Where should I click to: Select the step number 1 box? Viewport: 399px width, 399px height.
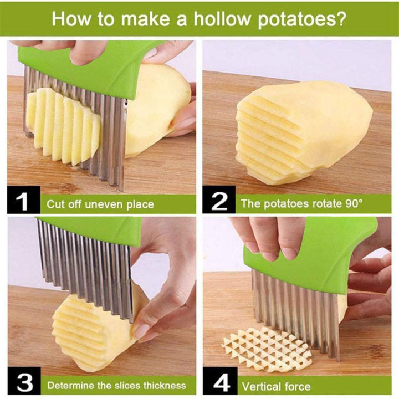pyautogui.click(x=22, y=202)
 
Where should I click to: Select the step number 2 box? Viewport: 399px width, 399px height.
pyautogui.click(x=219, y=202)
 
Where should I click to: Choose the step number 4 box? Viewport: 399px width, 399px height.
pyautogui.click(x=219, y=383)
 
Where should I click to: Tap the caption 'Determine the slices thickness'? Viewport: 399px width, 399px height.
pyautogui.click(x=116, y=385)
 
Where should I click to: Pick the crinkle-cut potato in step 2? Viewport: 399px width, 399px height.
pyautogui.click(x=294, y=133)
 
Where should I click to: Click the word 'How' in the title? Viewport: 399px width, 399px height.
pyautogui.click(x=70, y=19)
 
